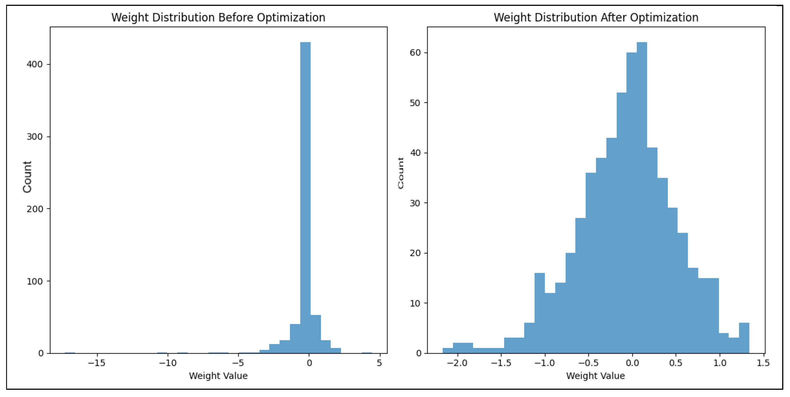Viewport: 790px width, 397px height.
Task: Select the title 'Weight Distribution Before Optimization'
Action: click(x=218, y=18)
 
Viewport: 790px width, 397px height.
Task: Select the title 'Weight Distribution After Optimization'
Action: click(x=596, y=18)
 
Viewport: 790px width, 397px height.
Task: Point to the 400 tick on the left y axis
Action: click(x=34, y=64)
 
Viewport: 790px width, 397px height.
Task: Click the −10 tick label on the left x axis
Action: click(x=167, y=363)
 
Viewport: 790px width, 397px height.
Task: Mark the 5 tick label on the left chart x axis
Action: click(x=379, y=363)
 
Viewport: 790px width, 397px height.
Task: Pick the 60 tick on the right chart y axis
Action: click(x=415, y=53)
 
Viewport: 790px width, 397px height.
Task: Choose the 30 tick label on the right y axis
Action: click(x=415, y=203)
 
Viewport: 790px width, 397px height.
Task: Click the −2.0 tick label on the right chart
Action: click(x=457, y=363)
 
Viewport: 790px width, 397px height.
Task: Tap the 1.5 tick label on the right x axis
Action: click(x=763, y=363)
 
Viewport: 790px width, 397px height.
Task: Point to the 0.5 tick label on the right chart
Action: click(x=676, y=363)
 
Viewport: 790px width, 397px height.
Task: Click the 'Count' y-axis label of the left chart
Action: click(x=27, y=177)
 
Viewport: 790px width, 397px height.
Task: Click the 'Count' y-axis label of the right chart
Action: click(x=401, y=173)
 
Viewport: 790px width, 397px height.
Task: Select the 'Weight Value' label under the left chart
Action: click(x=218, y=376)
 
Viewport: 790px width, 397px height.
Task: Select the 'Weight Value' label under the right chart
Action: click(x=595, y=376)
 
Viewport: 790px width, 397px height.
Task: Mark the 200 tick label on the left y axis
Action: click(x=34, y=209)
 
